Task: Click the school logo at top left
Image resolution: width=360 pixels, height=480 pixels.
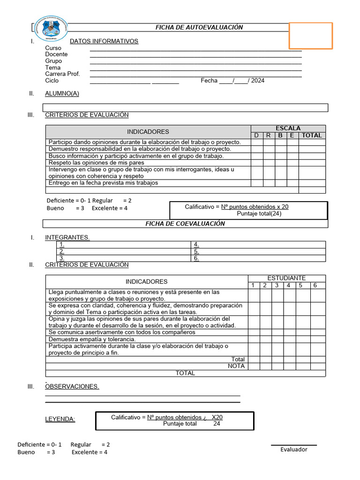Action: click(51, 29)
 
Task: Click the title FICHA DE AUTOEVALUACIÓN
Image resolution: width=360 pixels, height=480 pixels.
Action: click(199, 28)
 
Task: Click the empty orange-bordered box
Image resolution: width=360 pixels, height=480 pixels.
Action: click(310, 36)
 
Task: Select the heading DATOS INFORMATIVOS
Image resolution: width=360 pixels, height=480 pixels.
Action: click(104, 41)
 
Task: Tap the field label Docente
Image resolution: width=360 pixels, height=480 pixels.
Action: click(56, 54)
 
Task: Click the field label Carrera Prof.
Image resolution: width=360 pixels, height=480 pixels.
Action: click(62, 74)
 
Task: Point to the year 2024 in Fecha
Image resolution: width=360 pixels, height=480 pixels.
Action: click(257, 81)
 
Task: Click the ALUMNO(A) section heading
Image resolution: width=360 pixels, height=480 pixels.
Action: click(62, 93)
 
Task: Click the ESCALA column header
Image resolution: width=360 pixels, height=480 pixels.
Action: click(288, 128)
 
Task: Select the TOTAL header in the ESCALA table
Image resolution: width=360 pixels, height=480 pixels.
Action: click(312, 135)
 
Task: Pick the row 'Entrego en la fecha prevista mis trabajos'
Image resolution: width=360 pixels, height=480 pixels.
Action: click(104, 183)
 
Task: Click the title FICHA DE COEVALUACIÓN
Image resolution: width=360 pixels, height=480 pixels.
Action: click(185, 224)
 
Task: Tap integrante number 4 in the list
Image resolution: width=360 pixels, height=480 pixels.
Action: click(196, 245)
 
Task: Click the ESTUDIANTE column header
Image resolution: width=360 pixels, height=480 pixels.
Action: click(286, 278)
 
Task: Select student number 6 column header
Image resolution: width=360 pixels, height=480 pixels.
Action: click(315, 285)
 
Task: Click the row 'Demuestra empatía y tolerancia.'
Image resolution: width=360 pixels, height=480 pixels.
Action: click(92, 339)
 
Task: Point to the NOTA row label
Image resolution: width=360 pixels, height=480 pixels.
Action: click(236, 366)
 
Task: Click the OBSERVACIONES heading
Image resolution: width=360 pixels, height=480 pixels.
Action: click(72, 387)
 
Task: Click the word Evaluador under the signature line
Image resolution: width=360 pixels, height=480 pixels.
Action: click(294, 450)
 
